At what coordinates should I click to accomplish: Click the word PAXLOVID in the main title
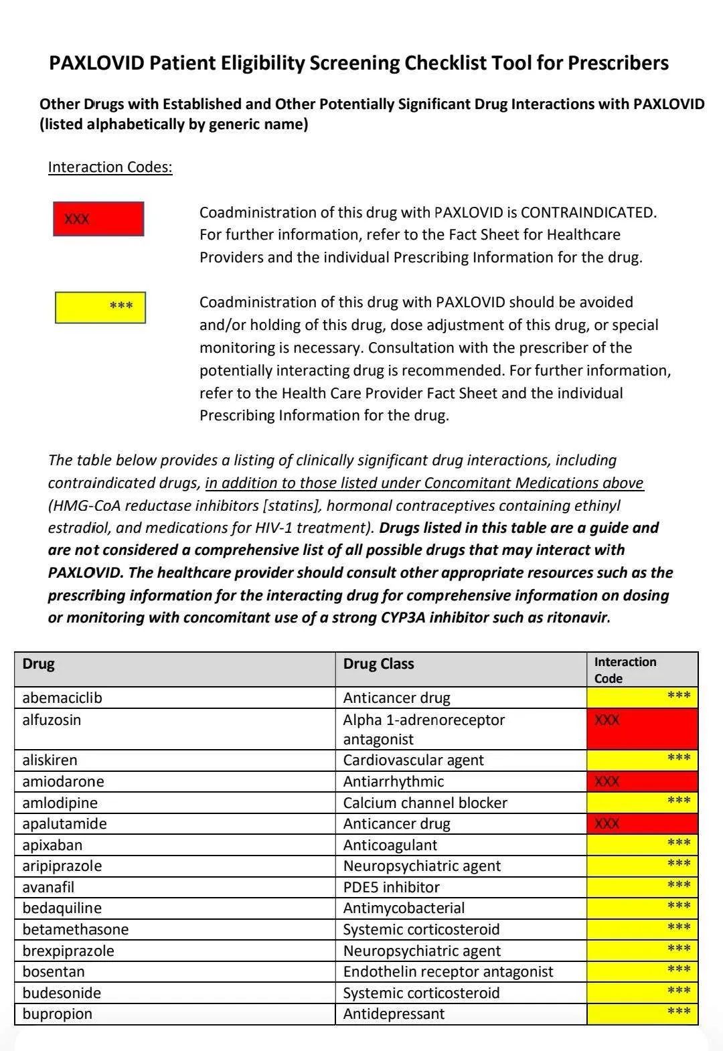96,63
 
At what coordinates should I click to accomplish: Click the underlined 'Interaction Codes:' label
110,167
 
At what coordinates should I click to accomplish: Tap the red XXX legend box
98,219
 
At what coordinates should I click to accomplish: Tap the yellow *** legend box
100,308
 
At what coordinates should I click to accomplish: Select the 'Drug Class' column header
378,664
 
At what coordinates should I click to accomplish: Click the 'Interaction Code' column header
625,669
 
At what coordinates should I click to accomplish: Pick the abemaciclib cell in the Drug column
62,698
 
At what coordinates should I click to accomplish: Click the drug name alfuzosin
52,720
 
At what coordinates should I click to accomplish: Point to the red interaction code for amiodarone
642,781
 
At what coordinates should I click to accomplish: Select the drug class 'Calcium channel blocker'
425,803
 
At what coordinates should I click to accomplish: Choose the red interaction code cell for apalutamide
642,823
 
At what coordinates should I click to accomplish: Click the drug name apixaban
52,845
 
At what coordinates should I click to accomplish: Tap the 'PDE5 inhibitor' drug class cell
391,887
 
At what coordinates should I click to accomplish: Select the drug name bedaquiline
62,908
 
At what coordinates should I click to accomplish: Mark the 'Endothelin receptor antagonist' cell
448,971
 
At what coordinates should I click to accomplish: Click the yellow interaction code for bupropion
642,1014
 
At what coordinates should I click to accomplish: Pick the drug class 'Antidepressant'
394,1014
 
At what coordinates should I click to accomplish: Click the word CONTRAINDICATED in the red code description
588,212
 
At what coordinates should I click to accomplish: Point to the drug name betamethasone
76,929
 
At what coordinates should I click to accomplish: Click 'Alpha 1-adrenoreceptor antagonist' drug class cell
423,729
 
